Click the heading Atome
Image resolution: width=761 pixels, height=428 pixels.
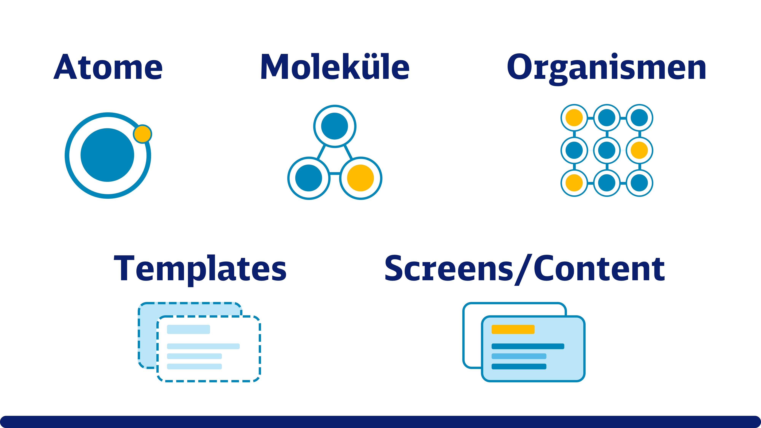coord(108,67)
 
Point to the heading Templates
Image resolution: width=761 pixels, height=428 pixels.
coord(200,270)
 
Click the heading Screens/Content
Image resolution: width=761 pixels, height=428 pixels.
coord(525,270)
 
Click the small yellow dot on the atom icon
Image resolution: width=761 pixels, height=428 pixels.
coord(142,134)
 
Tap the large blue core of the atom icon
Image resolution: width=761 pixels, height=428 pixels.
coord(107,155)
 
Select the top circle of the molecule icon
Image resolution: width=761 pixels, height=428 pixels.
coord(335,126)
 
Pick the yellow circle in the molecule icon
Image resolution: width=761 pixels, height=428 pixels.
coord(360,178)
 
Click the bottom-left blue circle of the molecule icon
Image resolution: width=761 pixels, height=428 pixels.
coord(309,178)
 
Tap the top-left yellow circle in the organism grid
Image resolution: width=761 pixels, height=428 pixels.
coord(574,118)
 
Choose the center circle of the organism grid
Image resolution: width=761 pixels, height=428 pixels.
coord(607,150)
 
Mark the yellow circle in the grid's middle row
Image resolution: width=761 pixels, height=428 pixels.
coord(639,150)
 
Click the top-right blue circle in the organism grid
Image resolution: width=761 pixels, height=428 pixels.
coord(639,118)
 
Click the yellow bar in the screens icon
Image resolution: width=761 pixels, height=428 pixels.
coord(513,329)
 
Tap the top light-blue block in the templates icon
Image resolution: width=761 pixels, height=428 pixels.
coord(189,329)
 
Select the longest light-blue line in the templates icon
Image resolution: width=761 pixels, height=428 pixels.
coord(203,346)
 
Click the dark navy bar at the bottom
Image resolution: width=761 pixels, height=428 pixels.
coord(380,422)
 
